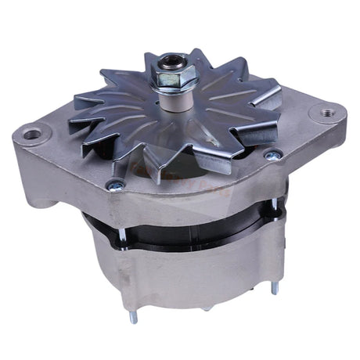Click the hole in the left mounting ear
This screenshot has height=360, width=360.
[32, 135]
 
